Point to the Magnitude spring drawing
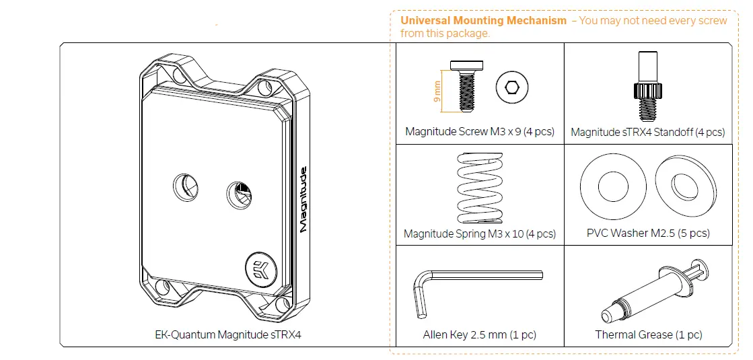(x=479, y=188)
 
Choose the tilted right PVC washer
(x=685, y=182)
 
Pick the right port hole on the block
(x=237, y=192)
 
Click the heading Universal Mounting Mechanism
(x=483, y=20)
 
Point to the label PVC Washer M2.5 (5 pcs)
(x=648, y=233)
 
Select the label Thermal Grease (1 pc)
(x=648, y=334)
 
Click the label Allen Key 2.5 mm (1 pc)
(x=479, y=334)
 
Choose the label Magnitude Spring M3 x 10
(x=479, y=233)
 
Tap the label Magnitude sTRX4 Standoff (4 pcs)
(x=647, y=132)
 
